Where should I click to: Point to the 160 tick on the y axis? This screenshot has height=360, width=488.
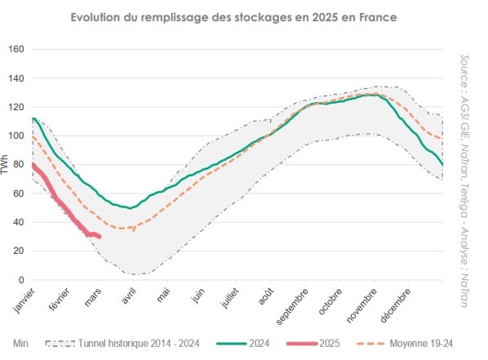click(x=16, y=50)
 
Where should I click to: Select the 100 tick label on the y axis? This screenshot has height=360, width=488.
click(x=16, y=136)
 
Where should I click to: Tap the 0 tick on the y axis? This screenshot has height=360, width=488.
click(x=20, y=280)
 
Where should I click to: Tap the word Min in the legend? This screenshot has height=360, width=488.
click(x=21, y=344)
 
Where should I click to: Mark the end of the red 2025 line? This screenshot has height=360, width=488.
click(x=99, y=237)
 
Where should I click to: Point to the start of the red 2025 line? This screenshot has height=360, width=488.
click(x=32, y=165)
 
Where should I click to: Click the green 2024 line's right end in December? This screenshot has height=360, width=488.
click(x=442, y=165)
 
